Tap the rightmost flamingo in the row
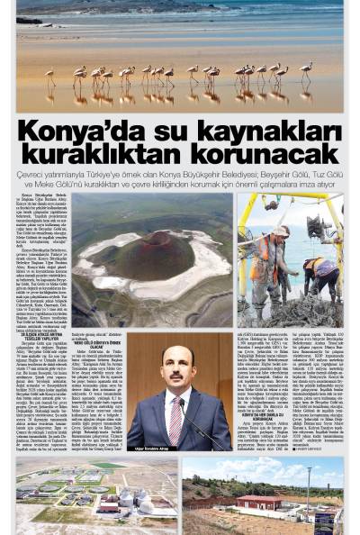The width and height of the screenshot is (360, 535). pyautogui.click(x=307, y=68)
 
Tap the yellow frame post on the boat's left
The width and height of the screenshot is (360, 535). pyautogui.click(x=243, y=252)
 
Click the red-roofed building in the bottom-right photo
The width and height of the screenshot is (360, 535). pyautogui.click(x=258, y=500)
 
